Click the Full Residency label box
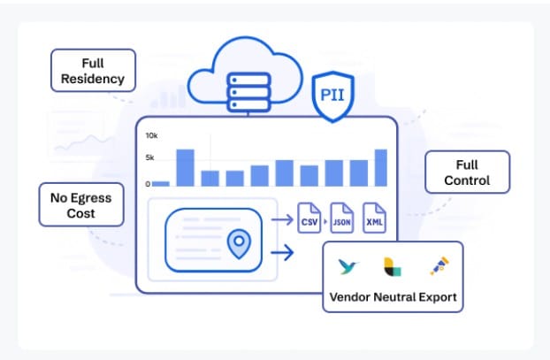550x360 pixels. (94, 70)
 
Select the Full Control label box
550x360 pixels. (467, 173)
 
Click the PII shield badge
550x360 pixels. (333, 95)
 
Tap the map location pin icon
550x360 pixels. (237, 244)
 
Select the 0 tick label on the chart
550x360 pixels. (148, 184)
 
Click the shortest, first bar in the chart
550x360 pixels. (160, 183)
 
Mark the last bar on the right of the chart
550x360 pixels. (381, 167)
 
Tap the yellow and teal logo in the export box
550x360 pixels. (392, 266)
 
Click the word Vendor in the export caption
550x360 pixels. (349, 297)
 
